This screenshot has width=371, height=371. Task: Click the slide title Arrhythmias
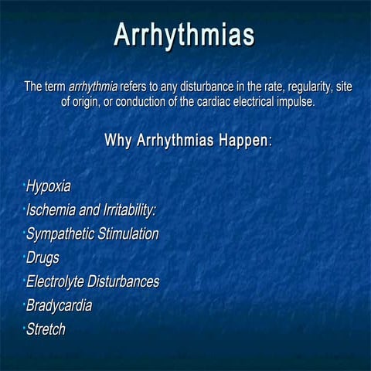coord(185,35)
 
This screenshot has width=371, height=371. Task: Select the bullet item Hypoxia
coord(49,186)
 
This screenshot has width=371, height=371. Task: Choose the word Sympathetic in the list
coord(60,234)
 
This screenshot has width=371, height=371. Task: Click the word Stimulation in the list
coord(128,234)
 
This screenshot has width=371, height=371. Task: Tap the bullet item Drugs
coord(43,258)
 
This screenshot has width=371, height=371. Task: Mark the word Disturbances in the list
coord(124,281)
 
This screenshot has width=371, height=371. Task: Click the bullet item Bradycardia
coord(59,305)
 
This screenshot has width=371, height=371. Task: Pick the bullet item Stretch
coord(46,329)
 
